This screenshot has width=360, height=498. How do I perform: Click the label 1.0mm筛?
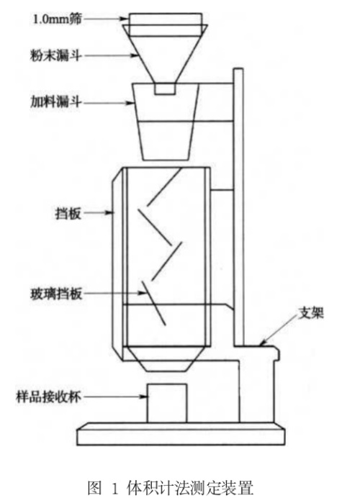pos(58,19)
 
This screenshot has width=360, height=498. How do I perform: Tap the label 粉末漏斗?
pos(55,55)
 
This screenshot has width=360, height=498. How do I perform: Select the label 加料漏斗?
pos(55,102)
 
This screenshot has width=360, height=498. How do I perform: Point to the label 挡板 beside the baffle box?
pos(68,213)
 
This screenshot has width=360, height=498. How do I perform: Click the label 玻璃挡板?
pos(56,294)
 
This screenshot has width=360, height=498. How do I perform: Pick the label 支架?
pos(311,313)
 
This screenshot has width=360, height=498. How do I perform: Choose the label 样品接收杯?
pos(49,397)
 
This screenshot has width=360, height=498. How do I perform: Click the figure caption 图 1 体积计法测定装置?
pos(171,487)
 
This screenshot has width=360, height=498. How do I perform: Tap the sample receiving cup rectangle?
pos(167,403)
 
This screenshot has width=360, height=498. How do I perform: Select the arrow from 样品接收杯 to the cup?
pos(115,397)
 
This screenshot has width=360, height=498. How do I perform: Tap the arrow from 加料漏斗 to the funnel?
pos(109,103)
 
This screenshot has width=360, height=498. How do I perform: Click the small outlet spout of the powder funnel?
pos(165,89)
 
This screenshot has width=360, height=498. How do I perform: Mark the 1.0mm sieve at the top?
pos(166,24)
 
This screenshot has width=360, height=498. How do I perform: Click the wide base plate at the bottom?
pos(181,434)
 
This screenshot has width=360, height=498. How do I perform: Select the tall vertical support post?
pos(238,207)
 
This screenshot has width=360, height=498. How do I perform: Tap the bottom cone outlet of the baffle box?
pos(167,359)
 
